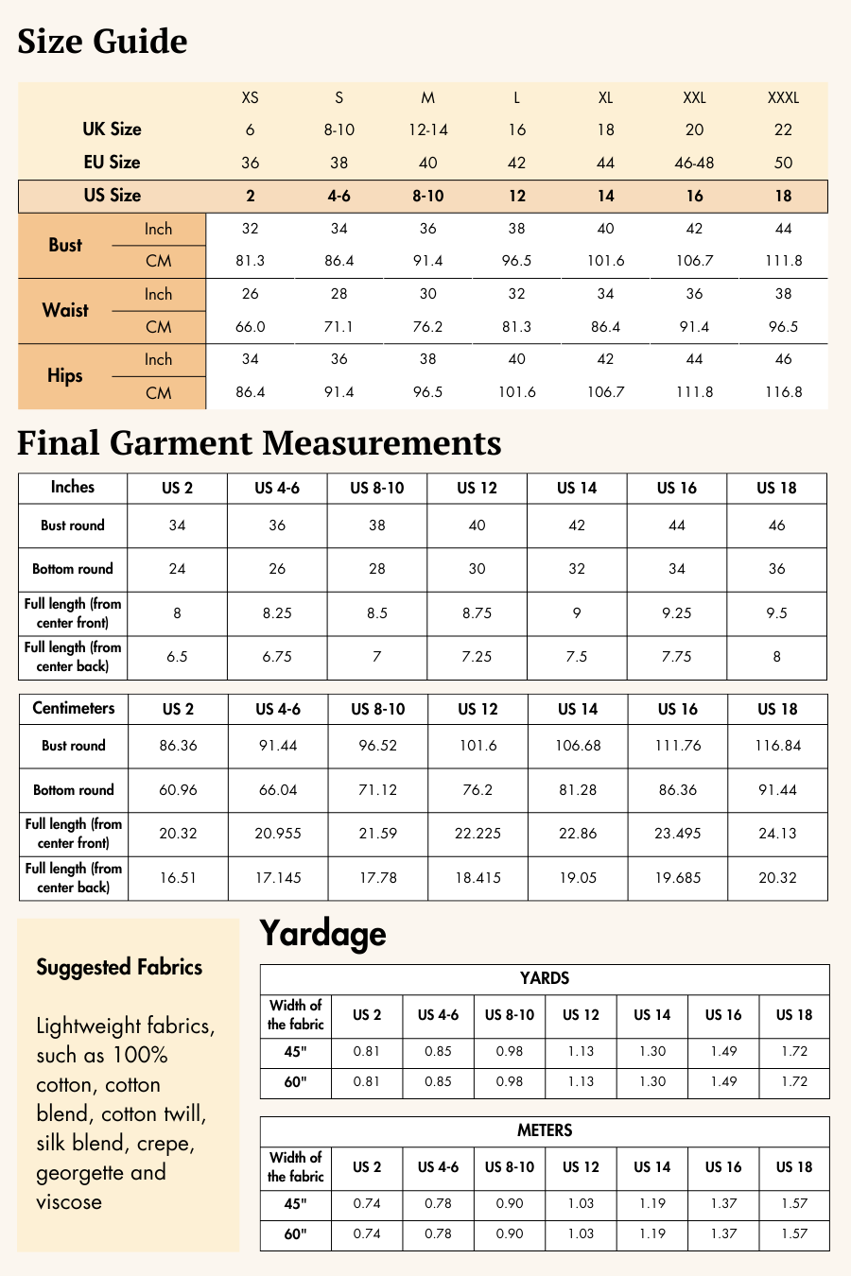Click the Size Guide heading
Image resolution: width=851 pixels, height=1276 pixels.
(102, 42)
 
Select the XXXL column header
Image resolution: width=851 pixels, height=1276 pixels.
(783, 97)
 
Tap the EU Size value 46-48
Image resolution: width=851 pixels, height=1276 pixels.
(694, 163)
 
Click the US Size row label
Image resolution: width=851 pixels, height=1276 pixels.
(112, 196)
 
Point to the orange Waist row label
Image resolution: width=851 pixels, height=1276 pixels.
(65, 310)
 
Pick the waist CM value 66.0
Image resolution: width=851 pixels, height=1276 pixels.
(250, 327)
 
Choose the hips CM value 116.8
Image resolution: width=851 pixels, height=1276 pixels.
(783, 392)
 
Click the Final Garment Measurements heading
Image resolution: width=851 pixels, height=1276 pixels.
(259, 443)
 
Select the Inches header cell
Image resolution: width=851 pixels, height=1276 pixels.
(73, 488)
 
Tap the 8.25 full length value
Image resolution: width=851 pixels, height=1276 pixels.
(277, 613)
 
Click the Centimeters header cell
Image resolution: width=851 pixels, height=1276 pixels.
(74, 709)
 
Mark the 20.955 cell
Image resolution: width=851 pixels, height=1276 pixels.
(278, 834)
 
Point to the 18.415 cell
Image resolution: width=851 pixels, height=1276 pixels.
(478, 878)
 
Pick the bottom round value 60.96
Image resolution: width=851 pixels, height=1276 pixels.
(178, 790)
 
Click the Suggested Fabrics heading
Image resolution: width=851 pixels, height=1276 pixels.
(119, 967)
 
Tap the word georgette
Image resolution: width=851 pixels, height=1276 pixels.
(80, 1173)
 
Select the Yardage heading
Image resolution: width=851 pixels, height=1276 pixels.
(322, 934)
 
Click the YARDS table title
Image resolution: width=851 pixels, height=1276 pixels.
(545, 978)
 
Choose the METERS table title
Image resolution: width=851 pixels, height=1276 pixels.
(545, 1130)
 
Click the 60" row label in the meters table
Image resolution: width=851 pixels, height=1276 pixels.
(295, 1233)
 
